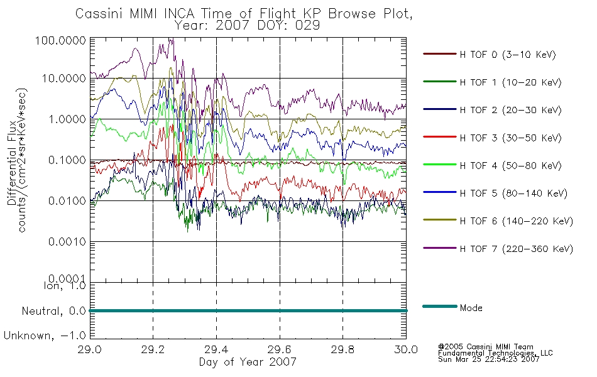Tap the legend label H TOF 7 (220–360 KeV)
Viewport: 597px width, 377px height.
tap(517, 249)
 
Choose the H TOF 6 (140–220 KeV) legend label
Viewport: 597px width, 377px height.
tap(517, 221)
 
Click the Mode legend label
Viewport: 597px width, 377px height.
tap(471, 308)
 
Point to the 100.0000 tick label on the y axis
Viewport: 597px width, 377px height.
tap(60, 40)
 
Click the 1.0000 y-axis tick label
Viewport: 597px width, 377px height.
tap(67, 119)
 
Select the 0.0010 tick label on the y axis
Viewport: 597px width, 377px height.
tap(67, 241)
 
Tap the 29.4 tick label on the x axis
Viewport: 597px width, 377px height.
tap(216, 349)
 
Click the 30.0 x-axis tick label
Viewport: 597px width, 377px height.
tap(406, 349)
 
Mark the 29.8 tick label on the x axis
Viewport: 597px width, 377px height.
tap(342, 349)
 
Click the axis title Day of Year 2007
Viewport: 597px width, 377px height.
tap(248, 362)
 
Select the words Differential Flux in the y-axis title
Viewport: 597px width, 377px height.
tap(12, 163)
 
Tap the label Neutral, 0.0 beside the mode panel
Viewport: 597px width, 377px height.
tap(53, 311)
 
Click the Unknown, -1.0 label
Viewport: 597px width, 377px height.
tap(45, 336)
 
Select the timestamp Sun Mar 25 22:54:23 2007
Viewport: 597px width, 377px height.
tap(488, 359)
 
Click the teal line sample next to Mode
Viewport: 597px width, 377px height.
tap(440, 306)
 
